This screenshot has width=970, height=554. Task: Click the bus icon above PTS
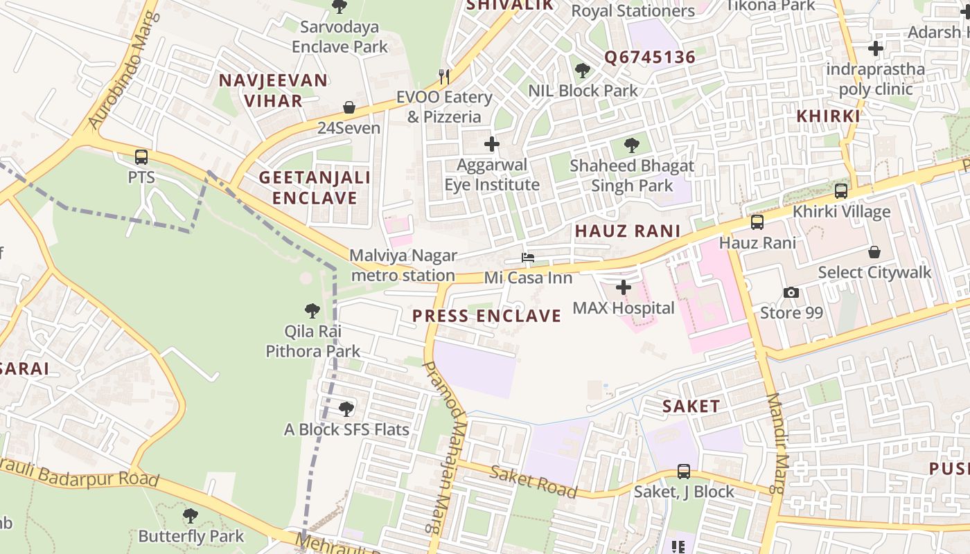tap(141, 157)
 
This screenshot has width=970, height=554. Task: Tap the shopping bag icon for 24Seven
tap(349, 107)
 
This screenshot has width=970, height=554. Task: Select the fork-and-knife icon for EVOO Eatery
tap(444, 76)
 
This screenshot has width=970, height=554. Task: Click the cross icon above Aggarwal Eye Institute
tap(492, 144)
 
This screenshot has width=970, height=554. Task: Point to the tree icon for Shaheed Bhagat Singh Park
tap(631, 145)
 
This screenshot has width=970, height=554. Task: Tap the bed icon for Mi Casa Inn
tap(528, 258)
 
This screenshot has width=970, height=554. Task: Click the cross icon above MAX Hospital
tap(624, 287)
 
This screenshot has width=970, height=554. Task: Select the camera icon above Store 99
tap(791, 292)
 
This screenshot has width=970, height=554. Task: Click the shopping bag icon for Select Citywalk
tap(874, 252)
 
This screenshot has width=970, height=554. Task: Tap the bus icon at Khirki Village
tap(841, 191)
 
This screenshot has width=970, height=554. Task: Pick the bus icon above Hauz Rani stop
tap(757, 222)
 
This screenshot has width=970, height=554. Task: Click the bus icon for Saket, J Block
tap(684, 471)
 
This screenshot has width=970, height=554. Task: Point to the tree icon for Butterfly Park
tap(191, 516)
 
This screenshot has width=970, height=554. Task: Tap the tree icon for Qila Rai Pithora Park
tap(312, 311)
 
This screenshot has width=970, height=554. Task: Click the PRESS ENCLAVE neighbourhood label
tap(486, 316)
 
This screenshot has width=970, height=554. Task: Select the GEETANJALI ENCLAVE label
tap(315, 188)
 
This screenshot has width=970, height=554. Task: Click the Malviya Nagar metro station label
tap(403, 265)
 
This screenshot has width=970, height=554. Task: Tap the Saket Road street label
tap(533, 482)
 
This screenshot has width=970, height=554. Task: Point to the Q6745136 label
tap(649, 57)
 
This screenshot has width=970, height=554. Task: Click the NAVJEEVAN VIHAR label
tap(273, 90)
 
